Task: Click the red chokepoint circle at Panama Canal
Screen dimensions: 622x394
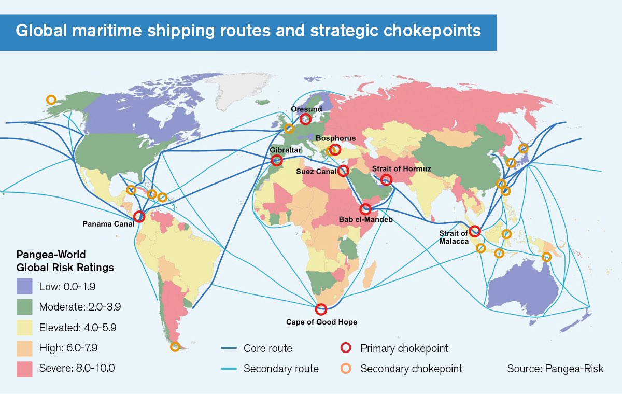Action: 139,217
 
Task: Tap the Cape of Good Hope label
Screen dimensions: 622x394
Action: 321,322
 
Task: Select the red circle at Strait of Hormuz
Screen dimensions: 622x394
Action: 386,179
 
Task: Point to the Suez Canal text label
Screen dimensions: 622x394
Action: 316,171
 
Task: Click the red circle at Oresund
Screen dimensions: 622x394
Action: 306,119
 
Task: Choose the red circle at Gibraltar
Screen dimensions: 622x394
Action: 277,161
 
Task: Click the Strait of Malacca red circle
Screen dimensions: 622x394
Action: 475,231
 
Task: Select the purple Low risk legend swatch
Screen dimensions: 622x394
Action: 24,286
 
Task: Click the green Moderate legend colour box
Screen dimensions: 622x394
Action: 24,306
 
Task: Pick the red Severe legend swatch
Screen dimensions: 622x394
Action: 24,369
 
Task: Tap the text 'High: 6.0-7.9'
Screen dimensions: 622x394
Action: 68,348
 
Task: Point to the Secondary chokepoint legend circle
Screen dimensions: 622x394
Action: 346,369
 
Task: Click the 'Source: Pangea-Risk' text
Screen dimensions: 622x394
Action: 555,369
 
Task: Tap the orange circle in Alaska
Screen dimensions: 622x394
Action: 51,100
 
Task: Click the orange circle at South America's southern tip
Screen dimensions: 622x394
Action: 175,347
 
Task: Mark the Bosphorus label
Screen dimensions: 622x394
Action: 336,138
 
